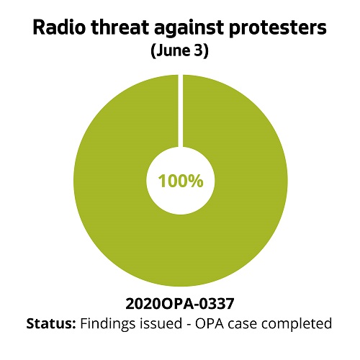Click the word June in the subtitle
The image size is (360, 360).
[171, 53]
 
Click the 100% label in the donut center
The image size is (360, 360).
[180, 181]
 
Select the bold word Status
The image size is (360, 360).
[50, 323]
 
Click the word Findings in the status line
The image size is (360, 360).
[108, 323]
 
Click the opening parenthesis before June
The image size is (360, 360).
[153, 53]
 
